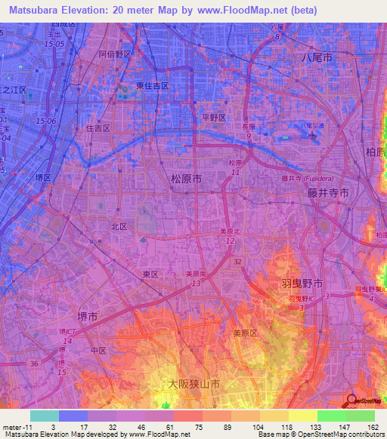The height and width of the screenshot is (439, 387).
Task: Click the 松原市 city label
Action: [181, 180]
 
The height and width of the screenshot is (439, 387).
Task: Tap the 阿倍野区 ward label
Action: [115, 54]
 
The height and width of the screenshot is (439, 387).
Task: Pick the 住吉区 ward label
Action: [98, 128]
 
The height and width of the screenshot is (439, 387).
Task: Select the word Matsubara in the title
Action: [36, 10]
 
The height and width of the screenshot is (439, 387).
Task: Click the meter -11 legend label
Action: [15, 426]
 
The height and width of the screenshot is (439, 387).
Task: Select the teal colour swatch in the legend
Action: [44, 416]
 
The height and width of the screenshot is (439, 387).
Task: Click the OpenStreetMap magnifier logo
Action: [352, 401]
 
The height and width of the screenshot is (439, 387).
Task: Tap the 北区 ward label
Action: [119, 226]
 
